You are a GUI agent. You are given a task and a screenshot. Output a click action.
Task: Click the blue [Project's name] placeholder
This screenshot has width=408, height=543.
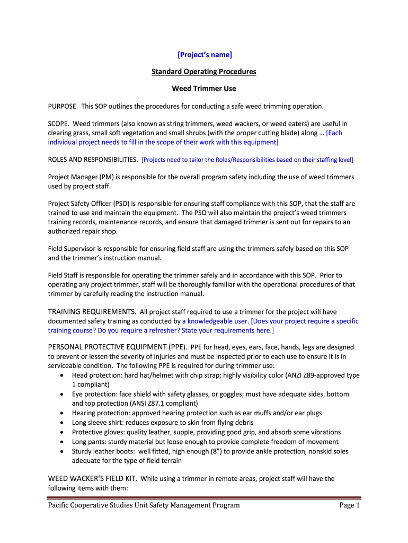204,54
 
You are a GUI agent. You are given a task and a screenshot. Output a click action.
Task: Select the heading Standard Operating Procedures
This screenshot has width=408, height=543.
204,71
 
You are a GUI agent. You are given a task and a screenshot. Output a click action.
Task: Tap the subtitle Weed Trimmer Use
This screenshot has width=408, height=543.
204,89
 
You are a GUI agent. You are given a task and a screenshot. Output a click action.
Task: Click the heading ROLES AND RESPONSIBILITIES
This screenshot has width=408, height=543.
93,159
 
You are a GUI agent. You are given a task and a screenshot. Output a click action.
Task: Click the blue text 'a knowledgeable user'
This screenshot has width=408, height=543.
216,321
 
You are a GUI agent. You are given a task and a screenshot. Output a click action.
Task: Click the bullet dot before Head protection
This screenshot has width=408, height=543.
63,375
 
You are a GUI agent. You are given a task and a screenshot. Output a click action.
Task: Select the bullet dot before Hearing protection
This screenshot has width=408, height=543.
63,413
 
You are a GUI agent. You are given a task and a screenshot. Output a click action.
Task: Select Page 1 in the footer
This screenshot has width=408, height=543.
349,505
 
